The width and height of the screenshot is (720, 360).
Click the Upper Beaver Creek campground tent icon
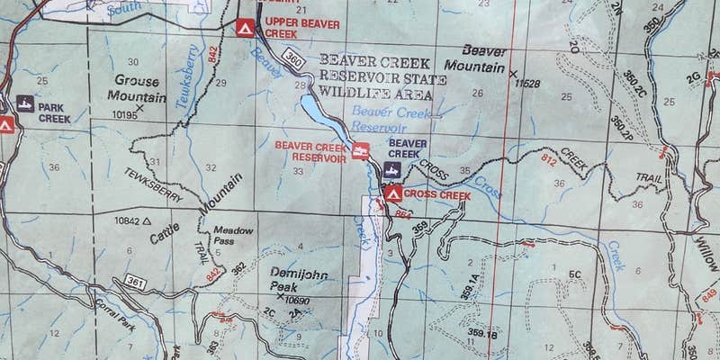click(243, 28)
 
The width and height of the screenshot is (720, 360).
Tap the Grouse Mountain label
click(136, 86)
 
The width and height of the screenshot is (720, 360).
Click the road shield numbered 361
click(136, 283)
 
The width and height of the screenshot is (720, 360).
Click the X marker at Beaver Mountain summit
click(513, 72)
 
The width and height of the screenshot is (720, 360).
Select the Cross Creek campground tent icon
click(391, 193)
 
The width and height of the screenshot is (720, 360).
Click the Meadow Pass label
click(231, 236)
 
